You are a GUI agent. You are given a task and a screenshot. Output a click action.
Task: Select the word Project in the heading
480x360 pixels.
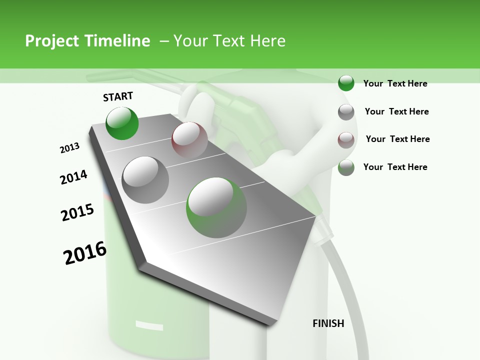pyautogui.click(x=51, y=41)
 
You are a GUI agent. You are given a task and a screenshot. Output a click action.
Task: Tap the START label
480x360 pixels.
pyautogui.click(x=118, y=96)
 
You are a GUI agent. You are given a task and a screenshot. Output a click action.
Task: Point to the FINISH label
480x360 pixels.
pyautogui.click(x=328, y=323)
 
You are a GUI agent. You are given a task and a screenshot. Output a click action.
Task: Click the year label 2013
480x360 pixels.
pyautogui.click(x=69, y=148)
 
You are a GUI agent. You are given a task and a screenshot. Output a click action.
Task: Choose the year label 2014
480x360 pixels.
pyautogui.click(x=73, y=177)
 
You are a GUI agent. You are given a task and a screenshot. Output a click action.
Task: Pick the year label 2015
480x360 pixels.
pyautogui.click(x=77, y=212)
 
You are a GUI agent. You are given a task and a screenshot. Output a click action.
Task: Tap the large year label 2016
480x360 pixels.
pyautogui.click(x=85, y=253)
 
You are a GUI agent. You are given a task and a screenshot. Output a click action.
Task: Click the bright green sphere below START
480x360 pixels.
pyautogui.click(x=122, y=123)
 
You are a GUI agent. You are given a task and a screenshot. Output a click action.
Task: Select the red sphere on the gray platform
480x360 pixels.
pyautogui.click(x=189, y=139)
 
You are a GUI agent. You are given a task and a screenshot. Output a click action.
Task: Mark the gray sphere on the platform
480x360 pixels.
pyautogui.click(x=145, y=179)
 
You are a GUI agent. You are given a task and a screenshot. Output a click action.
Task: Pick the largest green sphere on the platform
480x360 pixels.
pyautogui.click(x=216, y=207)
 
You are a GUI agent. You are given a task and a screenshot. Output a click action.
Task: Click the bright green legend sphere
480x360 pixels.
pyautogui.click(x=346, y=83)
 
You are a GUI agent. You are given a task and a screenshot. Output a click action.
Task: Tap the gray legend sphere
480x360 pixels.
pyautogui.click(x=346, y=112)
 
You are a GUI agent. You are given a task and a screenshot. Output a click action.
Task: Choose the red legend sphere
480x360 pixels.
pyautogui.click(x=346, y=139)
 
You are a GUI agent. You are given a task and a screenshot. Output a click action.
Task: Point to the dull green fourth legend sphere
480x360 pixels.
pyautogui.click(x=346, y=167)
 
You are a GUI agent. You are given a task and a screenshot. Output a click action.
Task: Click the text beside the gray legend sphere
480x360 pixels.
pyautogui.click(x=396, y=111)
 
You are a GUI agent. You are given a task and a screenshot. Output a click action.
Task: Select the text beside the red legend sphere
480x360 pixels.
pyautogui.click(x=397, y=139)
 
